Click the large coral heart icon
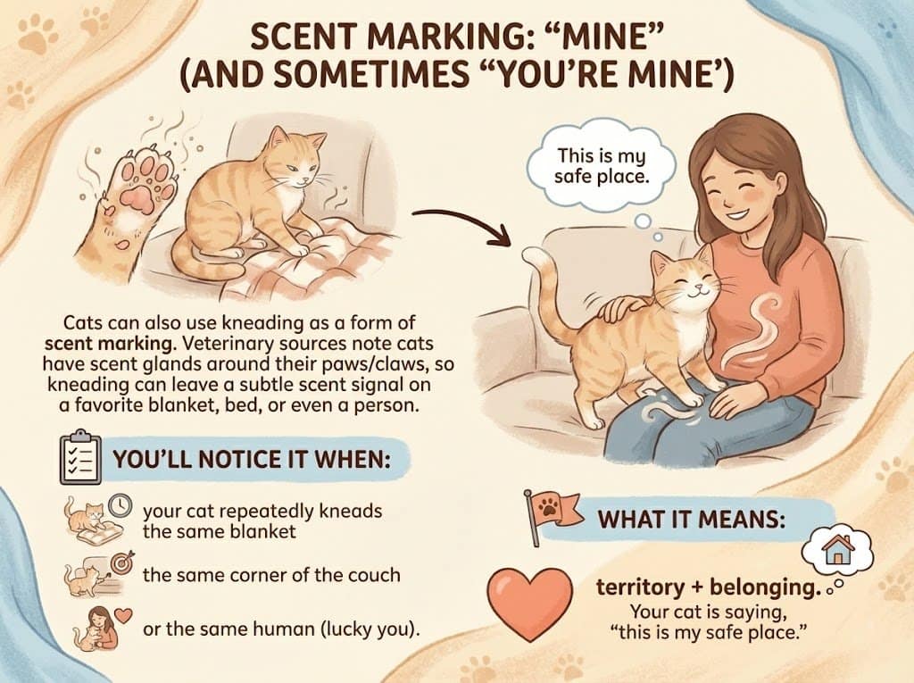[530, 602]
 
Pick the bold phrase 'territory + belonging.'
[698, 590]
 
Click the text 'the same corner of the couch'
[271, 573]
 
